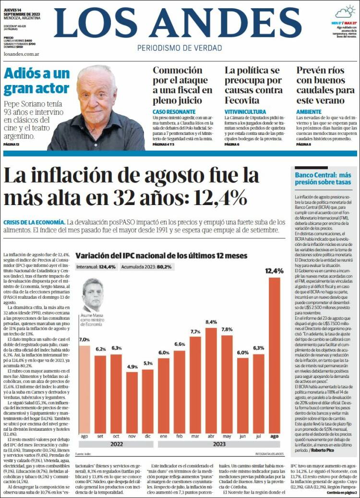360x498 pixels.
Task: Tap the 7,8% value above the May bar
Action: point(227,329)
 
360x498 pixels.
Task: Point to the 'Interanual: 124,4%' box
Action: point(96,267)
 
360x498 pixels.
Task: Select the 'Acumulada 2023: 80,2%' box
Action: point(146,267)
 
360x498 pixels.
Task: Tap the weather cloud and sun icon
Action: point(345,12)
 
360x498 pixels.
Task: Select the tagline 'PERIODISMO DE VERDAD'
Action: point(180,48)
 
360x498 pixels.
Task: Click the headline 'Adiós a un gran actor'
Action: point(36,81)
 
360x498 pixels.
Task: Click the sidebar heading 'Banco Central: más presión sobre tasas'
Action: point(323,179)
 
